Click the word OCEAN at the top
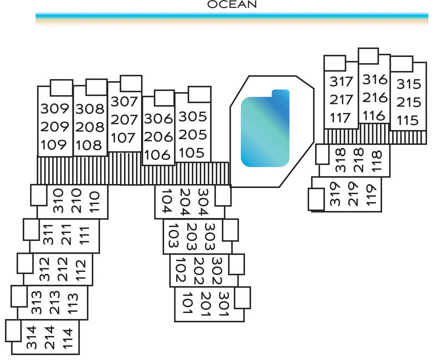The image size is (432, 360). (x=232, y=4)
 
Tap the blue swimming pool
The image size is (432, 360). (x=265, y=128)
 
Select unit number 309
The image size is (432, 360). (x=55, y=109)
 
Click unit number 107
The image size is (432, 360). (x=123, y=138)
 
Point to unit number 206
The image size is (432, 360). (x=158, y=137)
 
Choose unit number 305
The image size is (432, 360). (x=193, y=117)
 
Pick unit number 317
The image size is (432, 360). (x=341, y=82)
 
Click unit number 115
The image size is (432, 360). (x=408, y=120)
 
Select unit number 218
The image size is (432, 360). (x=359, y=160)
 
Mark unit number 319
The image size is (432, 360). (x=335, y=194)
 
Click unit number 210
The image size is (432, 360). (x=76, y=201)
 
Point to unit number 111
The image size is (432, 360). (x=84, y=236)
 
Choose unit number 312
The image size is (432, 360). (x=44, y=269)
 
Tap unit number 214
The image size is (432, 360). (x=49, y=337)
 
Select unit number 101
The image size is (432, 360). (x=188, y=303)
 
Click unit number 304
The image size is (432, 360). (x=204, y=202)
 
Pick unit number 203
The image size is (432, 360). (x=192, y=236)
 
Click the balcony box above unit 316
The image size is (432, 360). (x=368, y=56)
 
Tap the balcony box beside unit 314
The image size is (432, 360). (x=13, y=331)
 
